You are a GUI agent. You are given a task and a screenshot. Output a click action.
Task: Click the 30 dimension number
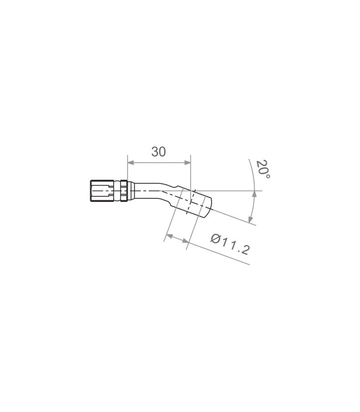159,152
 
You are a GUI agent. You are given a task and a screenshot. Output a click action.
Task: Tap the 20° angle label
263,169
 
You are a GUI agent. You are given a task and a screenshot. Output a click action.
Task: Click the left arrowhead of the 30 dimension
131,163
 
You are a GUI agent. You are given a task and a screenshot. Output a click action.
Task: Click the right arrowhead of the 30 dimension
187,163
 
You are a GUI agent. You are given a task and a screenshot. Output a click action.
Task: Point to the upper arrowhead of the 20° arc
254,194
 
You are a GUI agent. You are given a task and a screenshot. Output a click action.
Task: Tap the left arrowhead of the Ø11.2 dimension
170,236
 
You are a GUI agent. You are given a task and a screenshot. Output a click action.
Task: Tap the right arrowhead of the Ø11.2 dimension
186,241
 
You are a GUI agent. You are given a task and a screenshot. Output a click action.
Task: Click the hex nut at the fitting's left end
102,191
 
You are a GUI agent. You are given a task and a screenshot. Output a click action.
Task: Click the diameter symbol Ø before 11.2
215,238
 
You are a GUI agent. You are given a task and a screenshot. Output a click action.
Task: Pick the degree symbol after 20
268,176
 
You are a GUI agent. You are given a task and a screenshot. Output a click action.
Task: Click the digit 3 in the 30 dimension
155,152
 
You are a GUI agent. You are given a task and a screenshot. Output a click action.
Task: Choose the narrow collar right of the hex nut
124,191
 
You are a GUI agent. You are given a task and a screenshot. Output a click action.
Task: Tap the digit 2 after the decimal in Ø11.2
245,250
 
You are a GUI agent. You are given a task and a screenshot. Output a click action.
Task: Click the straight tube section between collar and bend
146,191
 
